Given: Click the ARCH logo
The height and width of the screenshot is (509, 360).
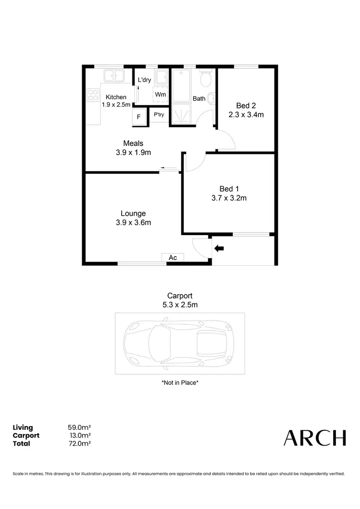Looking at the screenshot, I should tap(314, 438).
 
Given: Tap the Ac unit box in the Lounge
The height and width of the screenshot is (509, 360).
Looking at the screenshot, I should tap(173, 258).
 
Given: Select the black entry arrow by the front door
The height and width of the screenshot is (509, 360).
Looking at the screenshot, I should tap(219, 248).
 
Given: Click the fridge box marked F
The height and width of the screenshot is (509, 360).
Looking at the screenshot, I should tap(139, 116).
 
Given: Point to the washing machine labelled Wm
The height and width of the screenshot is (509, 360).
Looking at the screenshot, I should tap(160, 95).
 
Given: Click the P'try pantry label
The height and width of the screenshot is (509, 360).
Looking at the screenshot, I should tap(159, 115).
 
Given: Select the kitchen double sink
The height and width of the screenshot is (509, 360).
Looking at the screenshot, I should tap(114, 76).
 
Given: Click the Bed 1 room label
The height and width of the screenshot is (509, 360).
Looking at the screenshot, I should tap(228, 189).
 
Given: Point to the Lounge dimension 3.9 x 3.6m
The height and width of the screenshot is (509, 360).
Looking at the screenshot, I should tap(133, 222).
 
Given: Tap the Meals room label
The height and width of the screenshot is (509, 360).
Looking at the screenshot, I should tap(133, 143).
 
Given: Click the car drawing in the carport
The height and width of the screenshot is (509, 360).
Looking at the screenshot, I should tap(180, 343).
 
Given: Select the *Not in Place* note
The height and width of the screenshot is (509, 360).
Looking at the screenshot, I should tap(180, 383).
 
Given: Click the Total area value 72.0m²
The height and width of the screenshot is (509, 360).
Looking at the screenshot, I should tap(80, 443).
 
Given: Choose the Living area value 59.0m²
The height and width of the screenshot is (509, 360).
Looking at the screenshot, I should tap(80, 427).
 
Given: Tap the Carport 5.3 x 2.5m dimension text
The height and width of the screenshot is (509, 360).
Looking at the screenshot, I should tap(180, 304).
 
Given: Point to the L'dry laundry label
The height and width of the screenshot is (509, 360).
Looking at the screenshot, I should tap(144, 80).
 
